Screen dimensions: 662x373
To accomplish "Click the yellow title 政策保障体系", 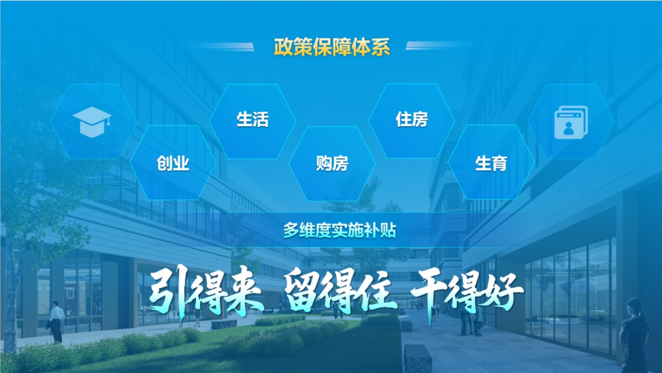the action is click(332, 47).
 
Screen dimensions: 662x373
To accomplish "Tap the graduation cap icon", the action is click(92, 122).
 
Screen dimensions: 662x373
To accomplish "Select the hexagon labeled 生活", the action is click(252, 121).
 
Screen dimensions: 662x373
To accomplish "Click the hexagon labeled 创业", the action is click(173, 163).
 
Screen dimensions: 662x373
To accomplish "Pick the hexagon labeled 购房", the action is click(332, 164).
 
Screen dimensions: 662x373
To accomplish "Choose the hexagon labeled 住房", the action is click(412, 121).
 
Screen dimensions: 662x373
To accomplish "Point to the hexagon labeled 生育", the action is click(491, 162).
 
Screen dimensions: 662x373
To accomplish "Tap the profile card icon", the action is click(571, 122).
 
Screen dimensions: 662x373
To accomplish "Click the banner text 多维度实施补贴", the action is click(340, 231).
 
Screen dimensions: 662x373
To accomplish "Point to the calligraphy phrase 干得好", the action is click(467, 292).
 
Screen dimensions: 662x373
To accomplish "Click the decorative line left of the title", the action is click(220, 47).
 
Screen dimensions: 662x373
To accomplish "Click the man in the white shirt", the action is click(55, 322).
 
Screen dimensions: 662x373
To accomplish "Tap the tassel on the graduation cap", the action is click(109, 121).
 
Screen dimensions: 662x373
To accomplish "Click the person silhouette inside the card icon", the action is click(569, 128).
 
